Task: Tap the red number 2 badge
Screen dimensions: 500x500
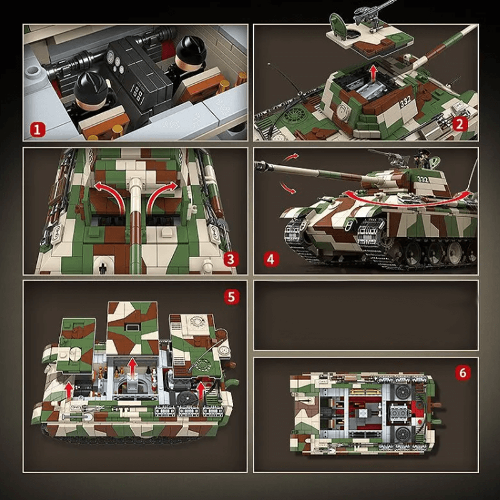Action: (x=460, y=123)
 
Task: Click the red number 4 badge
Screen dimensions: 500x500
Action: (x=270, y=257)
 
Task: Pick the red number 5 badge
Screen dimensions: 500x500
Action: (x=231, y=296)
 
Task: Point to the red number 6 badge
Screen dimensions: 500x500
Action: (x=462, y=373)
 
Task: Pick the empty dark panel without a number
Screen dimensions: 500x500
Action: (x=366, y=314)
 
